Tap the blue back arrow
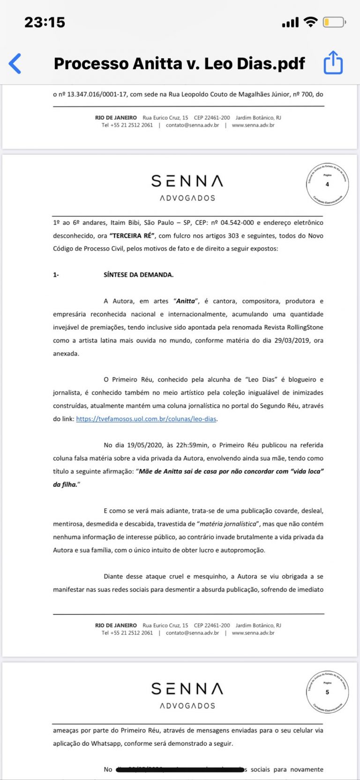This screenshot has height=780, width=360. (x=15, y=63)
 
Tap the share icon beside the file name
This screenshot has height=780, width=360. (x=333, y=63)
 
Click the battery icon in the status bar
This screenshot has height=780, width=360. (x=334, y=22)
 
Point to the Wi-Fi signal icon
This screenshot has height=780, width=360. (x=310, y=22)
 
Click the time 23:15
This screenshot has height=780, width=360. (x=45, y=22)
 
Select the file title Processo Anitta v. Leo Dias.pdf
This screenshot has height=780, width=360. (x=179, y=63)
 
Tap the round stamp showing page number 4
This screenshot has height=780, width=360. (x=327, y=184)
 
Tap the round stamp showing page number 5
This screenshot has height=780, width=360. (x=327, y=692)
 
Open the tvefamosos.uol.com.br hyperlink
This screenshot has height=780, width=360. (x=146, y=419)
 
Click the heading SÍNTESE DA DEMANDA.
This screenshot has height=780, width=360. (x=138, y=275)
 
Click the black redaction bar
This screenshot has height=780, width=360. (x=180, y=770)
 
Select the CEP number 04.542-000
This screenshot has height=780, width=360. (x=237, y=223)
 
